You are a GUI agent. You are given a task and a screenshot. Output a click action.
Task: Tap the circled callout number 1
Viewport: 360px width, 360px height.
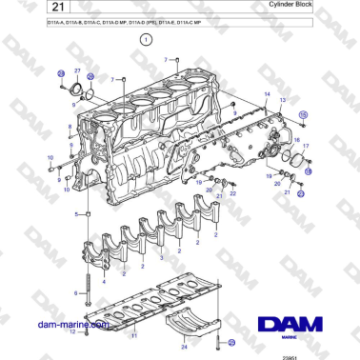point(146,41)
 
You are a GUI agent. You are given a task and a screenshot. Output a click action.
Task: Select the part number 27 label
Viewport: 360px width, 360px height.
point(77,70)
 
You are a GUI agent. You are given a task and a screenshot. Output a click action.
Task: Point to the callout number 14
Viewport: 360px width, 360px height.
point(268,96)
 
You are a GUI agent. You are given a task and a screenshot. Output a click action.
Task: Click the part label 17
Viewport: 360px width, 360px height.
point(305,148)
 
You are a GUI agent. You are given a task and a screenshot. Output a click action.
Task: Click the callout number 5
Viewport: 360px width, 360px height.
point(77,215)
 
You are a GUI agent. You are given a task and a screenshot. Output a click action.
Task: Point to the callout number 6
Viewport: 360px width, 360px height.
point(75,295)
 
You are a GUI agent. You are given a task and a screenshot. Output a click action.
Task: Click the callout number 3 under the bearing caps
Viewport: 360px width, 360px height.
point(162,258)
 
